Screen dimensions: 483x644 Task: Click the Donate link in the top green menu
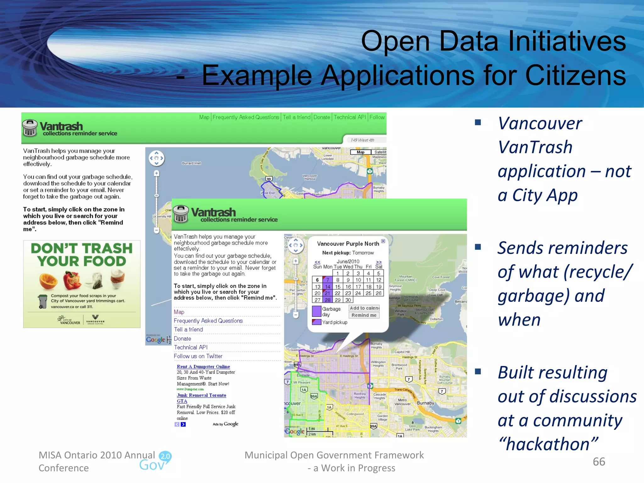click(x=322, y=117)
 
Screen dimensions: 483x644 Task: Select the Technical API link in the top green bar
click(x=350, y=117)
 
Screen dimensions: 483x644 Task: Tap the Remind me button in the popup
click(x=364, y=315)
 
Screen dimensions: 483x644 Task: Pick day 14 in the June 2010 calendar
click(x=328, y=287)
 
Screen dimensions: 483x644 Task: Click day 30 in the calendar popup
click(x=348, y=300)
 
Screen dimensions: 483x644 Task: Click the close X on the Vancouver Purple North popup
click(x=383, y=241)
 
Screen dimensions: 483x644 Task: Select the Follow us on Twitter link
click(x=198, y=356)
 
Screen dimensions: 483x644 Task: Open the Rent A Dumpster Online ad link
click(x=203, y=367)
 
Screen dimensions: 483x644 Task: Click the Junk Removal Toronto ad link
click(x=201, y=395)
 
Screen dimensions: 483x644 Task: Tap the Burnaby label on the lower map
click(x=425, y=403)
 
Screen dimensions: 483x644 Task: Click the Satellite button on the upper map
click(x=380, y=152)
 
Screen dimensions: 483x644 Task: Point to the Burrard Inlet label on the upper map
click(x=191, y=163)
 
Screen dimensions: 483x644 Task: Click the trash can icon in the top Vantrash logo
click(x=30, y=128)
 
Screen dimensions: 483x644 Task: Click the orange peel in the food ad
click(x=48, y=281)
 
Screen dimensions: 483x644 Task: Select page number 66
click(x=599, y=462)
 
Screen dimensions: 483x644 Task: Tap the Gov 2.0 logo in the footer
click(x=156, y=461)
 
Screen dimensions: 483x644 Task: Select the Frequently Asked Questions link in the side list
click(x=208, y=321)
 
